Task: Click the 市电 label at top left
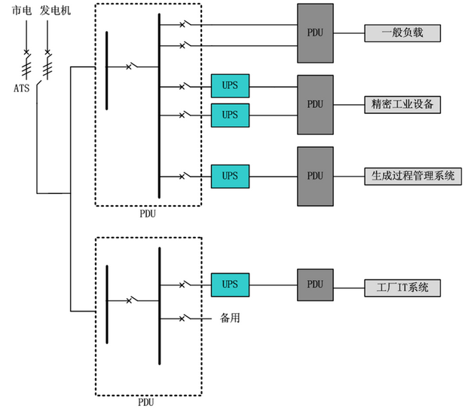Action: click(x=22, y=11)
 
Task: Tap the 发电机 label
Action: click(x=55, y=11)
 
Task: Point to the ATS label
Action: click(x=22, y=88)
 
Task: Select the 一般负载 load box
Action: click(x=402, y=33)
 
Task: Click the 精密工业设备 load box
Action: click(x=402, y=105)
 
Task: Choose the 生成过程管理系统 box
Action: click(x=413, y=177)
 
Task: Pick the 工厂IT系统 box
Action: click(x=402, y=288)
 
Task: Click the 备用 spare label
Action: click(x=230, y=318)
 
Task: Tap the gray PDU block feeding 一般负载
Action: click(x=315, y=33)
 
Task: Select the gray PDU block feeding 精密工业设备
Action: click(x=315, y=105)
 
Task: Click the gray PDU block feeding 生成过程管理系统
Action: click(x=315, y=177)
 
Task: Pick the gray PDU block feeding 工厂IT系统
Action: click(x=315, y=284)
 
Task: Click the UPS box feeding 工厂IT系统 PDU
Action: click(x=230, y=284)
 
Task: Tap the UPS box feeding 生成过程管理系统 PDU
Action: click(x=230, y=177)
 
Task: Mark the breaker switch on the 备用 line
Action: click(x=185, y=318)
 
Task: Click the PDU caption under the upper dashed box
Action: click(x=148, y=214)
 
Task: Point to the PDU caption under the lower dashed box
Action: click(x=146, y=402)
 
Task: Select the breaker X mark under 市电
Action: click(x=26, y=52)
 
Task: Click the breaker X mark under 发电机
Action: click(x=47, y=52)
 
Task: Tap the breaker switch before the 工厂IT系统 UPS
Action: click(x=185, y=284)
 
